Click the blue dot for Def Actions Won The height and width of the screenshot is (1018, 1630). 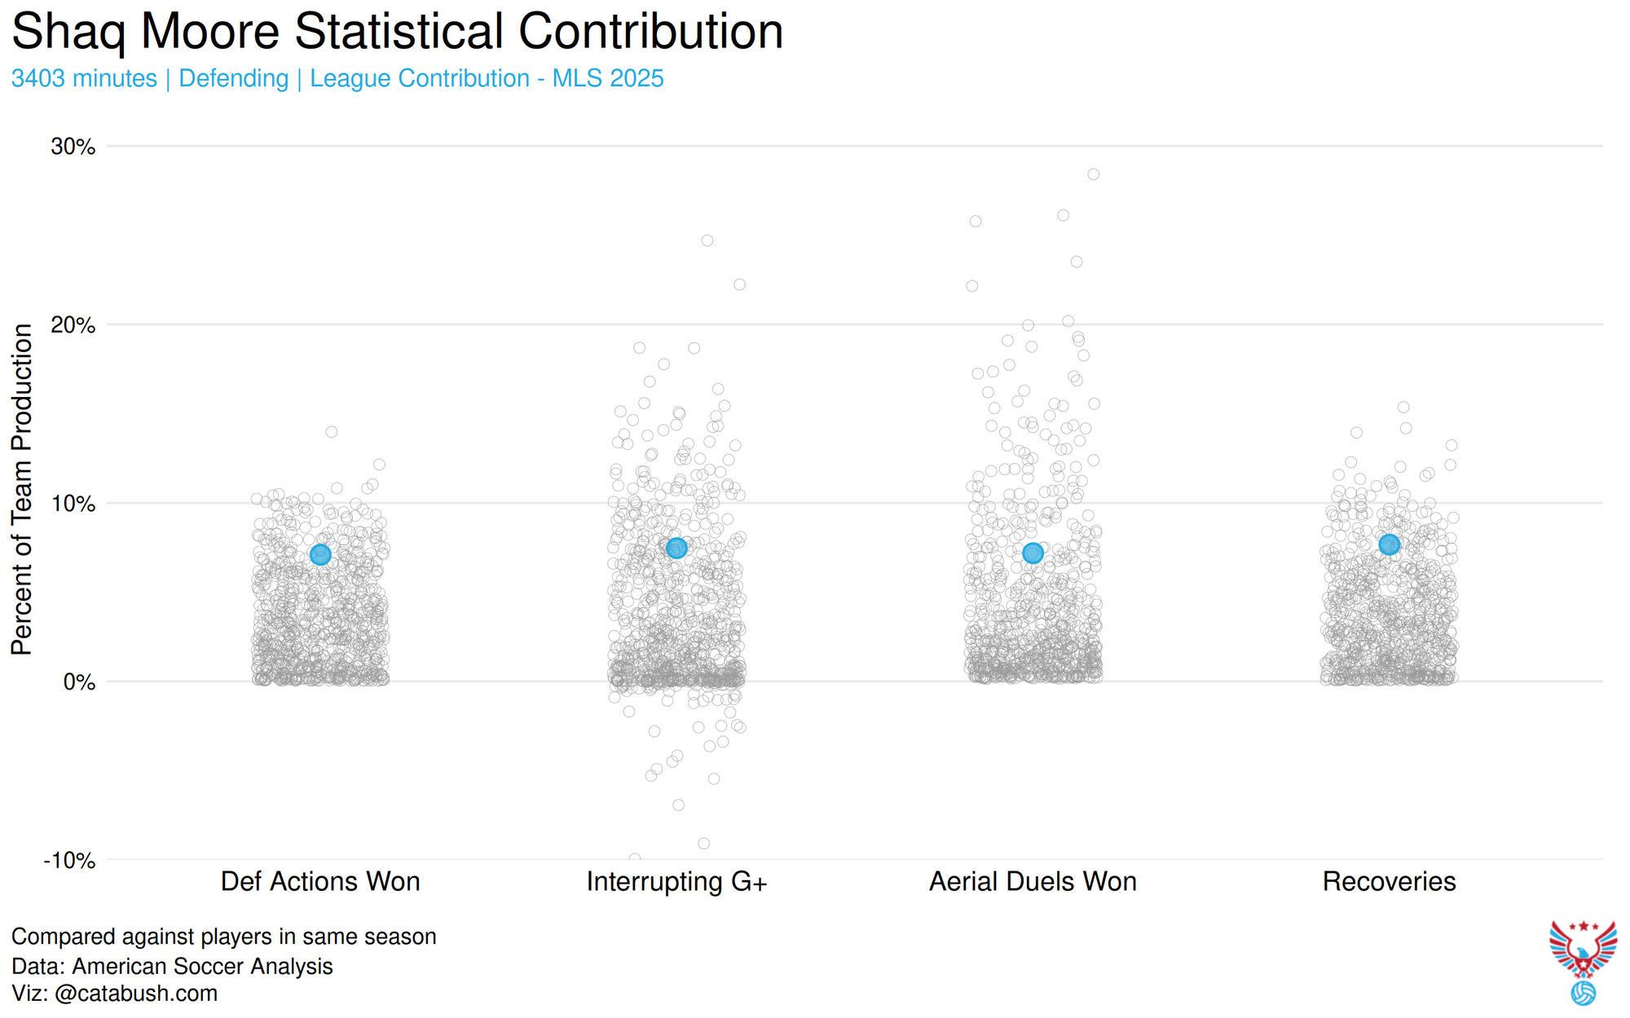click(320, 555)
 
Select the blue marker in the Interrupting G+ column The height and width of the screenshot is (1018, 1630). click(676, 549)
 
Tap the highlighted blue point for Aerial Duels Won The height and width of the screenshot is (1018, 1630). click(1033, 553)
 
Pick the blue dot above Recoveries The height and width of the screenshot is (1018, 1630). click(1390, 544)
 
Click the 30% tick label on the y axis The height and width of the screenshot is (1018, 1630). click(73, 147)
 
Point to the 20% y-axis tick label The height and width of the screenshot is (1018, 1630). click(73, 325)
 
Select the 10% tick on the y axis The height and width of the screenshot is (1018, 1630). click(73, 504)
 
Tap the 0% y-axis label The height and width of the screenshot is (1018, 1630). click(79, 682)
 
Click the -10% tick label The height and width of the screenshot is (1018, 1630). click(70, 861)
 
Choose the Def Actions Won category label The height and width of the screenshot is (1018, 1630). click(320, 882)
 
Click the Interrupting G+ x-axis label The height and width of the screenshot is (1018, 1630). click(676, 882)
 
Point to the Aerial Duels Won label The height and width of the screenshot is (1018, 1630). click(1033, 882)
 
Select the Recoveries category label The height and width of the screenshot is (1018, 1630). click(1389, 882)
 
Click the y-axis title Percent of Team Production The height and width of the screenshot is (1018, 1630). click(22, 489)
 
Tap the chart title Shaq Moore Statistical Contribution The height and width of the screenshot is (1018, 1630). click(397, 33)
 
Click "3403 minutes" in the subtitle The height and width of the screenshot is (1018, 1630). click(84, 79)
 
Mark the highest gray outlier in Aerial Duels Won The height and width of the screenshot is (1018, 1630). click(1094, 174)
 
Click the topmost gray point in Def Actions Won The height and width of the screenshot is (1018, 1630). click(332, 432)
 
